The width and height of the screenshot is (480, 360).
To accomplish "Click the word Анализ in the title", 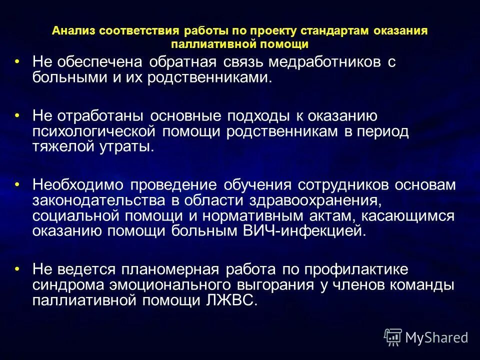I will [x=73, y=31].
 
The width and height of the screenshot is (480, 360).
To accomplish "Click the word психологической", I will [x=94, y=131].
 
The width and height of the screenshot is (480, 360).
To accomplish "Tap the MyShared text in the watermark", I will [x=436, y=338].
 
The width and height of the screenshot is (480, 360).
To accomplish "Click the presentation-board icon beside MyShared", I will [x=392, y=337].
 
